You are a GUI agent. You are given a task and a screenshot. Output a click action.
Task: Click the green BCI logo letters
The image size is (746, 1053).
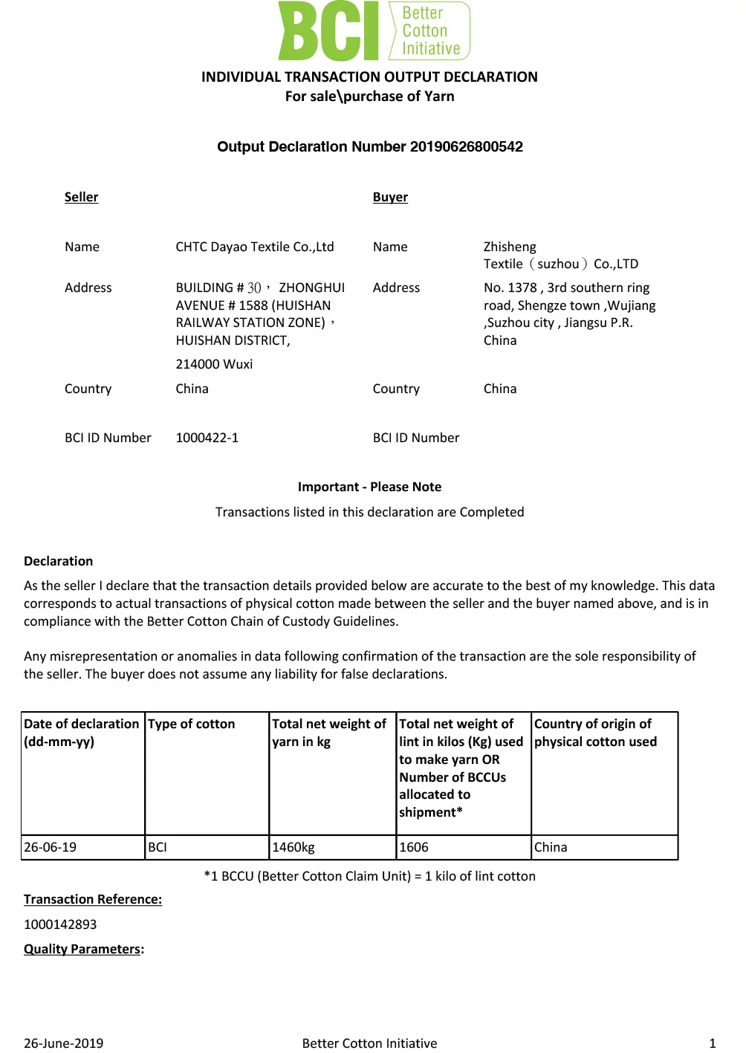[x=328, y=31]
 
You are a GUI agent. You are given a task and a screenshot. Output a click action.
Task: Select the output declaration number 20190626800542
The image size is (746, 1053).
[x=466, y=146]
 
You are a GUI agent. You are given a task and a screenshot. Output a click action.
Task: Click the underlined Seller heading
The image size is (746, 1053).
[x=81, y=197]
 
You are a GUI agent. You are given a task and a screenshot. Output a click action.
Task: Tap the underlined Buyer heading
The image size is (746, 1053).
[x=390, y=197]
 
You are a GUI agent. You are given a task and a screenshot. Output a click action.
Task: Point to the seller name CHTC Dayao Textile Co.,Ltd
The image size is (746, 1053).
[x=254, y=247]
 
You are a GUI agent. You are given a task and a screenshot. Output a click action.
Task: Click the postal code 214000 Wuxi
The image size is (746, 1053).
[x=214, y=364]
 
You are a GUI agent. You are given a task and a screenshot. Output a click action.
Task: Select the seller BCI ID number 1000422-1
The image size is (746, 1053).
[x=207, y=438]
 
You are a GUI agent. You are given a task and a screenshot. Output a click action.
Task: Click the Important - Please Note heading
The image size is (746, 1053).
[x=369, y=487]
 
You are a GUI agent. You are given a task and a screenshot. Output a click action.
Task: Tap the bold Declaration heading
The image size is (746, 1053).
[x=58, y=561]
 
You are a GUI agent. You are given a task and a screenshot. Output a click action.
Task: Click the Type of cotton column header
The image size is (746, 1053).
[x=191, y=724]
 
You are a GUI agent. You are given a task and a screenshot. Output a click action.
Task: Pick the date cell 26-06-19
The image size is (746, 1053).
[x=50, y=847]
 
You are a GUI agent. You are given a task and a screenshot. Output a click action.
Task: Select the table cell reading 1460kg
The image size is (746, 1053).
[x=293, y=847]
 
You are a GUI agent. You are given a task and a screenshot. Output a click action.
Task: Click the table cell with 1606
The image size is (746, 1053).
[x=414, y=847]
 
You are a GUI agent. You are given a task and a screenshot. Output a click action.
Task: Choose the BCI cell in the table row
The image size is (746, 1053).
[x=158, y=847]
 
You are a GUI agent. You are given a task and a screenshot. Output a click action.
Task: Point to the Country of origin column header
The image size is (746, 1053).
[x=595, y=733]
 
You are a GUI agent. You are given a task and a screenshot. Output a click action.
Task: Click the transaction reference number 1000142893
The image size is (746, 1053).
[x=60, y=924]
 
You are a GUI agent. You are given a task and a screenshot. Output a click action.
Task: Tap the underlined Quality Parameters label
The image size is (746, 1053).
[x=82, y=949]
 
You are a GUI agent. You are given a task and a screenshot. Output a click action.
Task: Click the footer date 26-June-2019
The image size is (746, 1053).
[x=63, y=1043]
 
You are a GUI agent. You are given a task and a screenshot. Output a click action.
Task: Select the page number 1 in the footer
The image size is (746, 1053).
[x=713, y=1043]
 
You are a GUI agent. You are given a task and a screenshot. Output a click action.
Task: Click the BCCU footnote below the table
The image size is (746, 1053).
[x=369, y=876]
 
